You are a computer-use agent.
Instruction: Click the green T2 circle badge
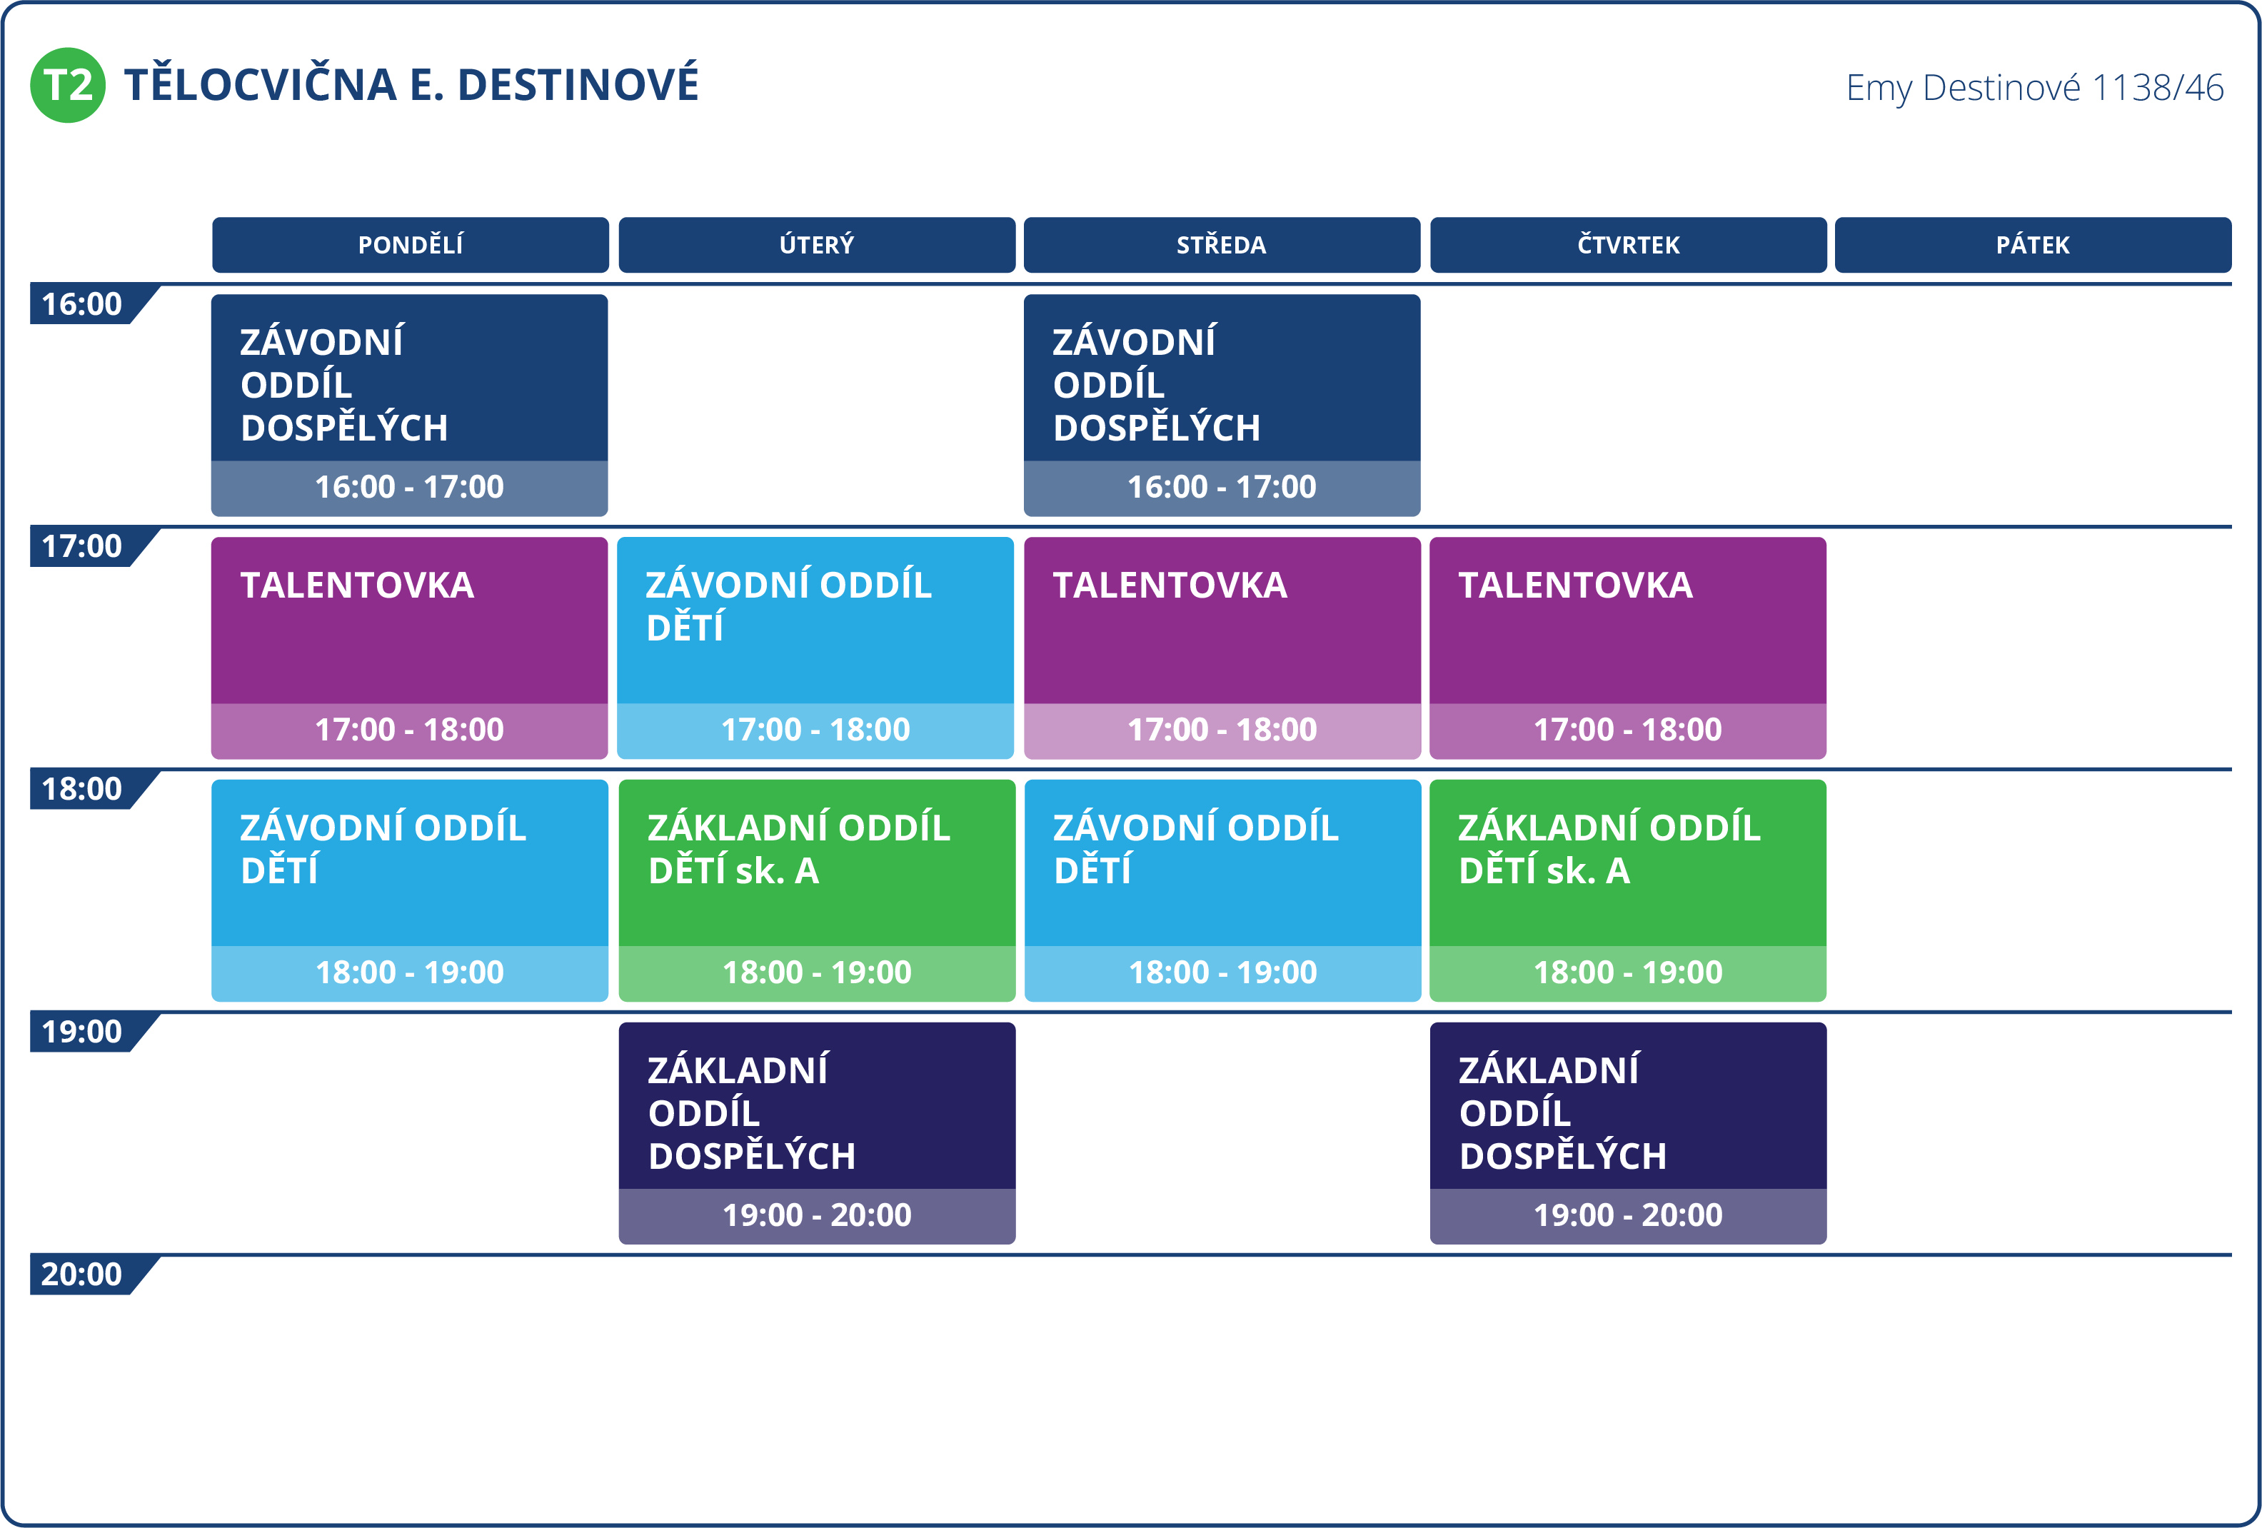tap(67, 85)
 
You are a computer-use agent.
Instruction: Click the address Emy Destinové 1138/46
tap(2034, 88)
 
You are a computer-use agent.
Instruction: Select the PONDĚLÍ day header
tap(410, 244)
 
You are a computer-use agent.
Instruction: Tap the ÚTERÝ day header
tap(817, 244)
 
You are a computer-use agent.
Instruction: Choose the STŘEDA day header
tap(1222, 244)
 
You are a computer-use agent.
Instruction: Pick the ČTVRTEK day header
tap(1629, 244)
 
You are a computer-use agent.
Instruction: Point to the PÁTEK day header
tap(2034, 244)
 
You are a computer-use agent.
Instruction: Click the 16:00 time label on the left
tap(82, 303)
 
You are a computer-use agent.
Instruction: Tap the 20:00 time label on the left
tap(82, 1274)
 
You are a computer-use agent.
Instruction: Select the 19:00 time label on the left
tap(82, 1032)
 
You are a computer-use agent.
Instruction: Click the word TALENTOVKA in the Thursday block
tap(1576, 585)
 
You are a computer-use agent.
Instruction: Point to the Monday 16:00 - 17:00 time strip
tap(410, 488)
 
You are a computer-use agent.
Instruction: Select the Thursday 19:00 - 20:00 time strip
tap(1629, 1215)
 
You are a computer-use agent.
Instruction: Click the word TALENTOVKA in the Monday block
tap(357, 585)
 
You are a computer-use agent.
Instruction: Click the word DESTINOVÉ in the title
tap(578, 85)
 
